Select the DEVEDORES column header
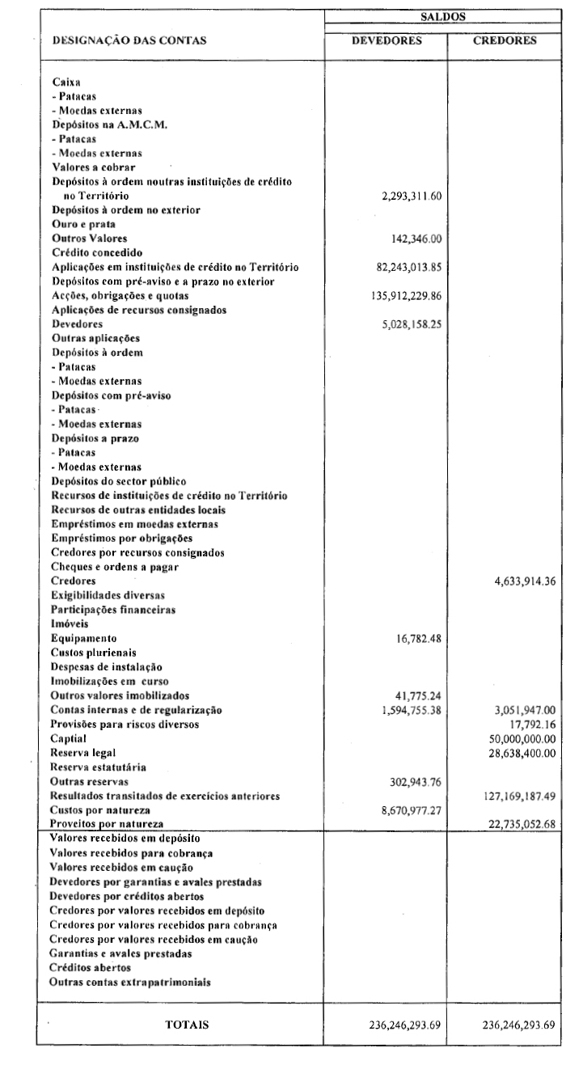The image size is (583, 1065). pos(387,43)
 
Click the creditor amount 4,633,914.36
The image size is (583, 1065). pos(525,581)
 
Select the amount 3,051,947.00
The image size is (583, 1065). pos(525,709)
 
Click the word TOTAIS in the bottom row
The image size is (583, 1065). pos(187,1025)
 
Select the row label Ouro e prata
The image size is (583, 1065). pos(84,224)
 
